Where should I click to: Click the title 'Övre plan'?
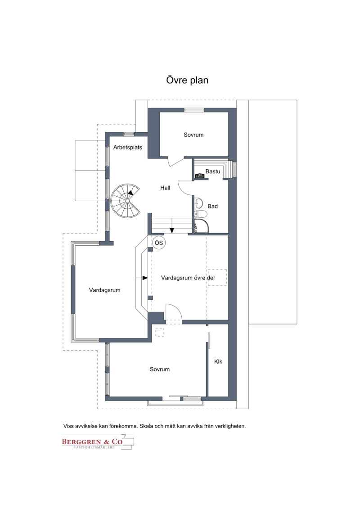click(187, 80)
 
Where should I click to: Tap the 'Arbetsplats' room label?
click(127, 147)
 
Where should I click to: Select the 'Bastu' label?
click(212, 171)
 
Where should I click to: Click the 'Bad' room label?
click(212, 206)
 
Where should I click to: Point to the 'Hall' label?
click(165, 188)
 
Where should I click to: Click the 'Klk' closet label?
click(218, 362)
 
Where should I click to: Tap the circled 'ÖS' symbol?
click(159, 243)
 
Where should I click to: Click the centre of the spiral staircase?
click(127, 201)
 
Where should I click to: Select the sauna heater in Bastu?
click(201, 176)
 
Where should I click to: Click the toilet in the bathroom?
click(201, 214)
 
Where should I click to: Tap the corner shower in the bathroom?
click(201, 226)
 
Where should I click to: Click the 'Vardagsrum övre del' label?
click(188, 278)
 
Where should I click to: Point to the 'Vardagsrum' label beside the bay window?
click(104, 290)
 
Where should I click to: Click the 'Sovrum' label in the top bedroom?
click(193, 135)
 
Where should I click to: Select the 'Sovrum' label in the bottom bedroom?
click(160, 369)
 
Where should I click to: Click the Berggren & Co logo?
click(98, 442)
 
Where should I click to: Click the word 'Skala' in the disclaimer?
click(147, 426)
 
